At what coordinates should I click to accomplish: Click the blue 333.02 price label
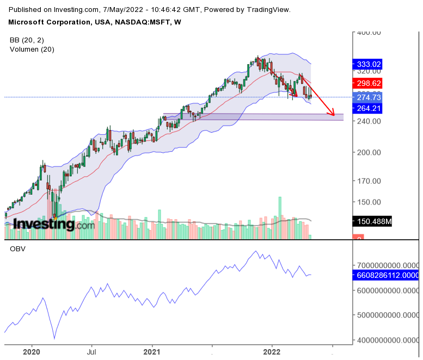click(369, 64)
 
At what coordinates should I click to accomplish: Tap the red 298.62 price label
click(369, 83)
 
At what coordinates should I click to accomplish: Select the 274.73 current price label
click(369, 97)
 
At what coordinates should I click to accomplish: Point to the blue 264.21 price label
click(369, 108)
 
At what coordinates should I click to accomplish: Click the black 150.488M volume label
click(375, 221)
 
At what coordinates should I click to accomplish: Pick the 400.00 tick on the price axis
click(369, 33)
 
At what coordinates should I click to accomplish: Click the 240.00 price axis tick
click(369, 121)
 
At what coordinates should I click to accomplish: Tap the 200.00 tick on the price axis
click(369, 152)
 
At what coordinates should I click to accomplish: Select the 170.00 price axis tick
click(369, 181)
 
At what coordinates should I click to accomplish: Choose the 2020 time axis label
click(32, 352)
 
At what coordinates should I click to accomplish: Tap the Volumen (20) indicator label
click(32, 49)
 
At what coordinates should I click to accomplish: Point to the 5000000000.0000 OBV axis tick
click(387, 315)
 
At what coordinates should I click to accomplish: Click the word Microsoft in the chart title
click(27, 22)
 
